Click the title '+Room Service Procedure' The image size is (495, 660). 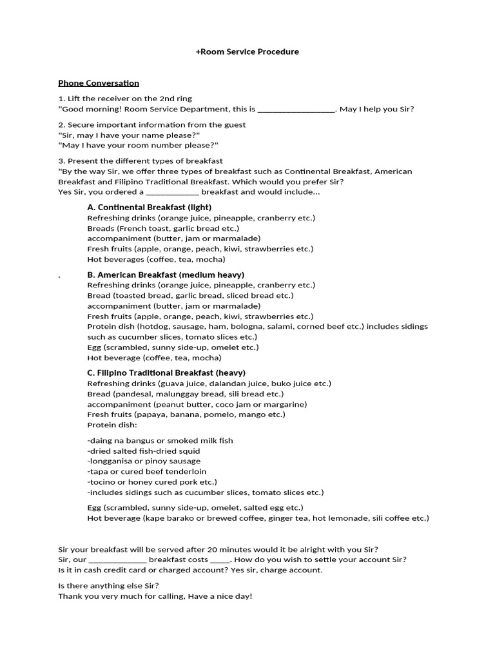247,52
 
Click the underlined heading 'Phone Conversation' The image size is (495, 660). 99,83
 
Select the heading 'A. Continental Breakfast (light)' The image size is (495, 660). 149,208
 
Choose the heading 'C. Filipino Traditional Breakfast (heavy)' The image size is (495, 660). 166,373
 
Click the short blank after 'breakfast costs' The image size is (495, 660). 220,559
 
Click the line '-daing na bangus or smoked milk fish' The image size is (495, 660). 160,441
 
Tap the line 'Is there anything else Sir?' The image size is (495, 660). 108,586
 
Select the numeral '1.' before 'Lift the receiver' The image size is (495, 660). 62,99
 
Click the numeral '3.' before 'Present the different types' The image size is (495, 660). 62,161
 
